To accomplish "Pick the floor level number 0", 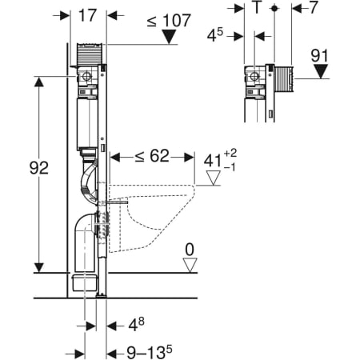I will [189, 250].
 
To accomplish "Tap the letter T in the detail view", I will [256, 10].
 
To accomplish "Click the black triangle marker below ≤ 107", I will [167, 37].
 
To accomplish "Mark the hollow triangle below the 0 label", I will [189, 265].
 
